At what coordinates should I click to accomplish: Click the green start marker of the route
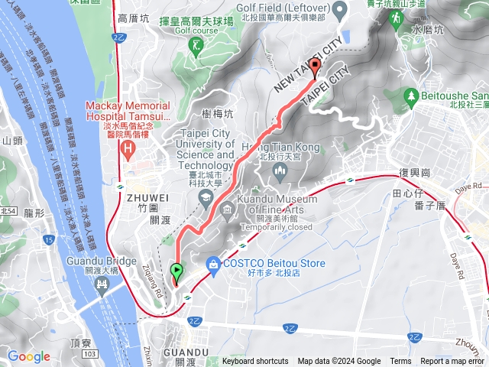[x=177, y=271]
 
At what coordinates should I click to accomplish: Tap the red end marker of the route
[x=315, y=66]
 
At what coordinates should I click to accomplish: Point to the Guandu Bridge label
[x=101, y=260]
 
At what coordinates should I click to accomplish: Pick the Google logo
[x=28, y=356]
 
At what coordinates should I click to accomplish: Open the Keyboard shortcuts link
[x=255, y=362]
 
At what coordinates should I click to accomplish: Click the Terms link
[x=400, y=362]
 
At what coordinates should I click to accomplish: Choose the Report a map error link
[x=452, y=362]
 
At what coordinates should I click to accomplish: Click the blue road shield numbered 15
[x=48, y=240]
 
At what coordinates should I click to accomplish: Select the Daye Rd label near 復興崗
[x=472, y=186]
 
